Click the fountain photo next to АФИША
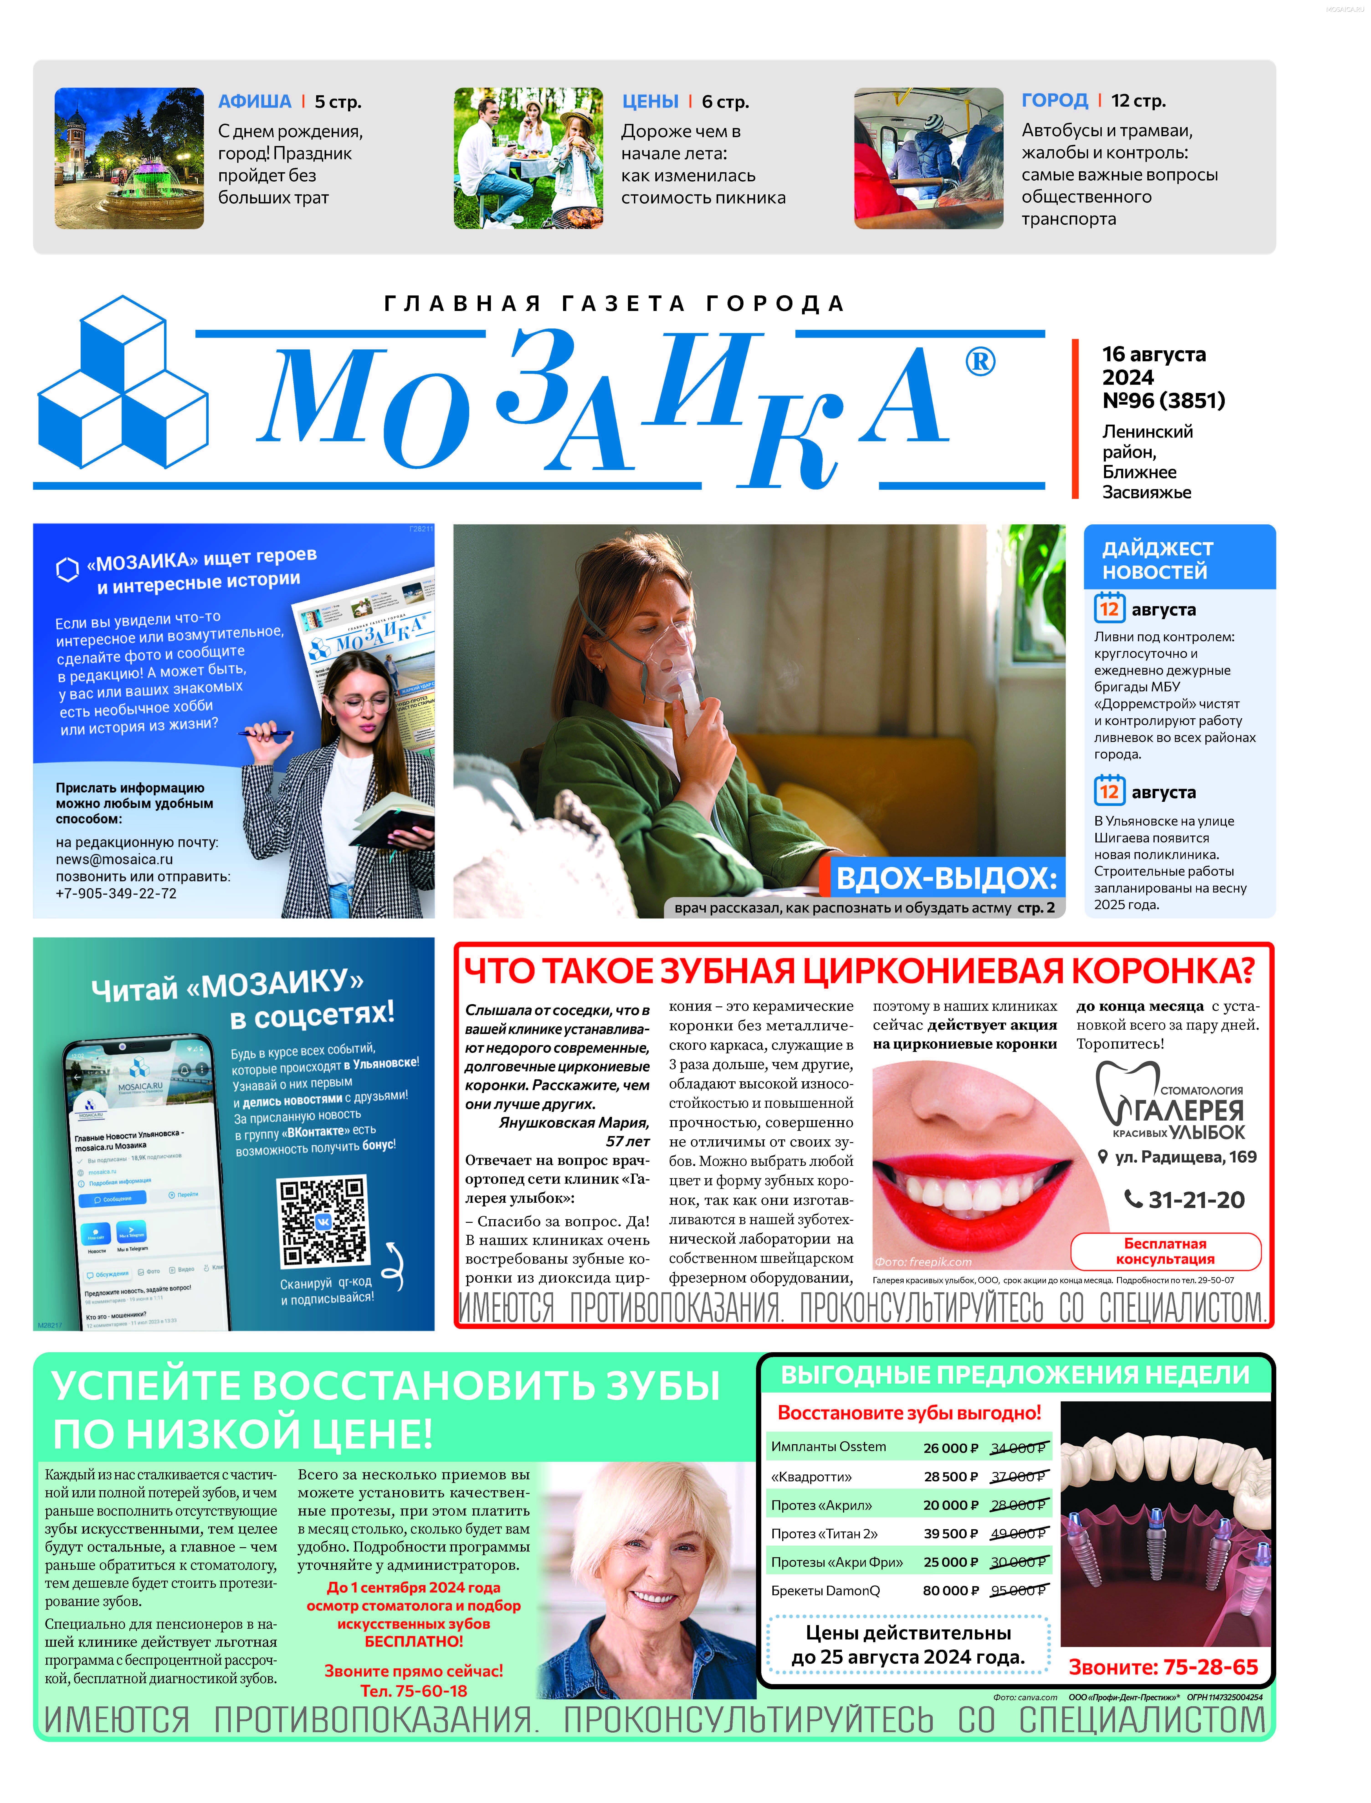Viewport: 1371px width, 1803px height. click(x=129, y=158)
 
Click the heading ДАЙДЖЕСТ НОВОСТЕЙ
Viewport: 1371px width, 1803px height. click(x=1157, y=560)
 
